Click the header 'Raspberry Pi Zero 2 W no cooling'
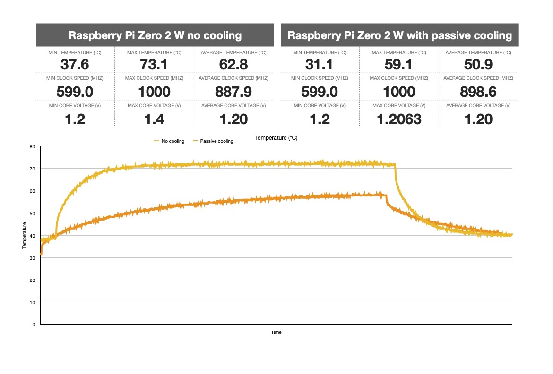155,35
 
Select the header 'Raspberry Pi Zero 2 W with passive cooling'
399,35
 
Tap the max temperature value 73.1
154,65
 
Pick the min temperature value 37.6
76,65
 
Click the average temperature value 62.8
233,65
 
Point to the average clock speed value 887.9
233,92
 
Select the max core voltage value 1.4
154,119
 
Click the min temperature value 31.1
320,65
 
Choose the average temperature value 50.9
478,65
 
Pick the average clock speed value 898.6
478,92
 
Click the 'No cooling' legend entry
171,141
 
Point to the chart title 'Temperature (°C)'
276,138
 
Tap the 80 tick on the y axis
33,146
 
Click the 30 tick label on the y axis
33,258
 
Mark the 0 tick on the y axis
34,324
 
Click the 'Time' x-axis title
276,332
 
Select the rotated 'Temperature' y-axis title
24,235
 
